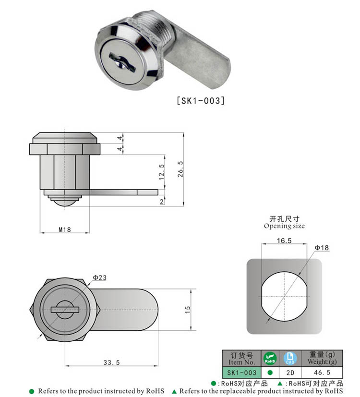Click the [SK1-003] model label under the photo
tap(201, 101)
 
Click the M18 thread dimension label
tap(65, 229)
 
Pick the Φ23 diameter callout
tap(99, 277)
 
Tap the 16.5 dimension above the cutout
tap(284, 241)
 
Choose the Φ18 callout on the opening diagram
tap(322, 248)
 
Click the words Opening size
tap(284, 226)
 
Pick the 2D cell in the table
tap(289, 372)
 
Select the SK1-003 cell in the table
tap(241, 372)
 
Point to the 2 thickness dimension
tap(161, 202)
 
